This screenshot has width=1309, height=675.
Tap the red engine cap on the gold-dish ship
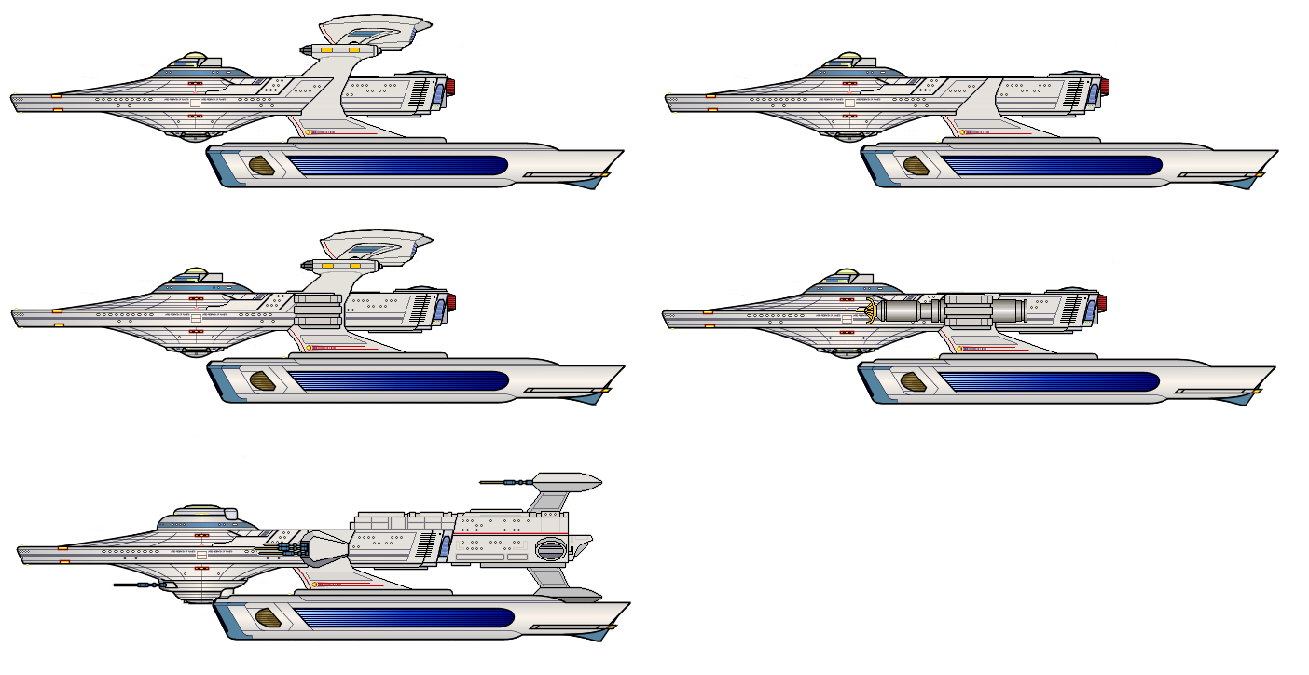(1102, 302)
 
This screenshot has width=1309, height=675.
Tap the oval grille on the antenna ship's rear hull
(550, 550)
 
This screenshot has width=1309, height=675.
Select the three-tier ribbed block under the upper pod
(317, 310)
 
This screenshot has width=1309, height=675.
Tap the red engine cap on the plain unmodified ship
(1104, 88)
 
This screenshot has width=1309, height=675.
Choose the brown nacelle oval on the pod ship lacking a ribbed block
(262, 167)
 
